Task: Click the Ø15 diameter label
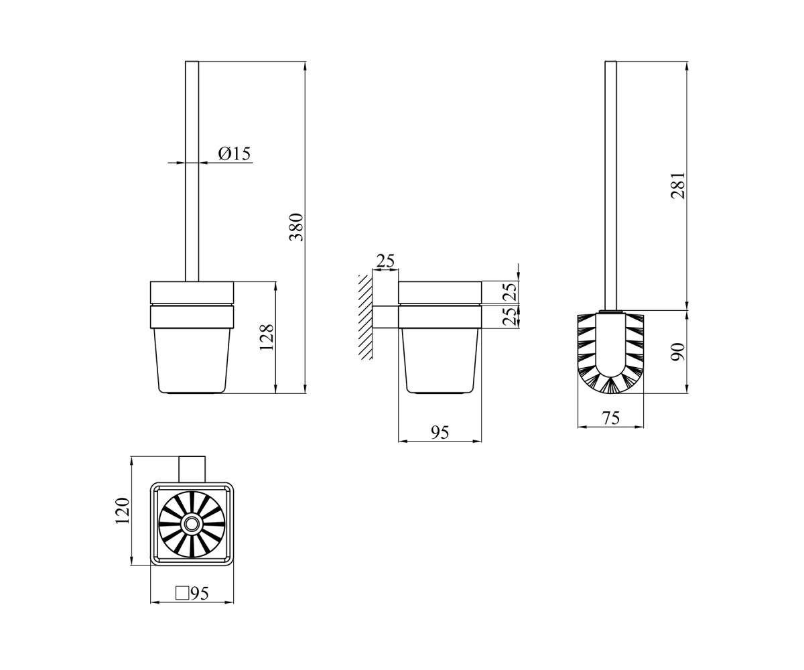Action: click(234, 153)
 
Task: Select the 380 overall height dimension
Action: click(297, 227)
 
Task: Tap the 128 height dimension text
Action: click(267, 337)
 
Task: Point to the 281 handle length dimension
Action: click(678, 186)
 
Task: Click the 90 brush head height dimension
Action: click(678, 352)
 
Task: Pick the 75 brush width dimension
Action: click(611, 418)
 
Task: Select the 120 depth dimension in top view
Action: click(123, 511)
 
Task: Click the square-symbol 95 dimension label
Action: click(192, 594)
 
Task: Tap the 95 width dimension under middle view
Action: click(440, 433)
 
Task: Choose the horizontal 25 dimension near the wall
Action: click(385, 261)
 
